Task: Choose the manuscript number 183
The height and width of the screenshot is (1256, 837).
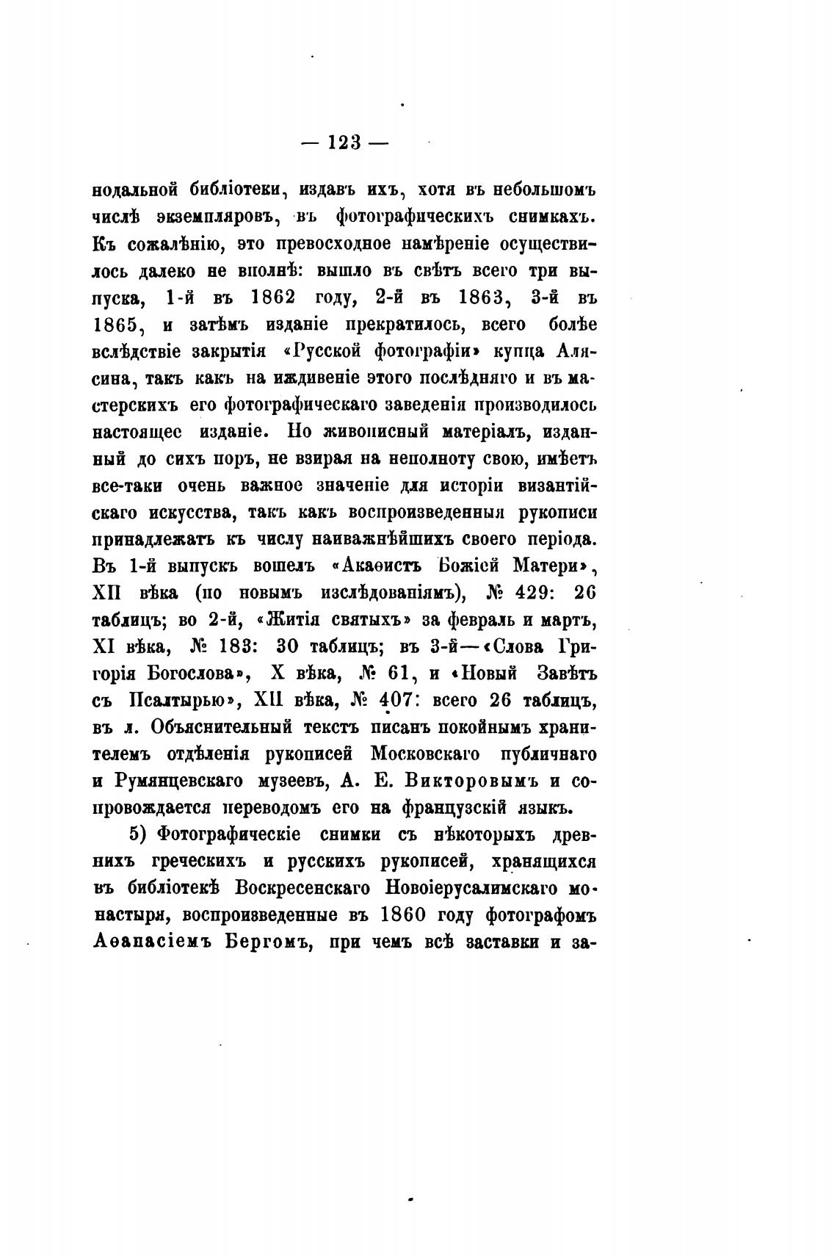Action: (233, 646)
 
